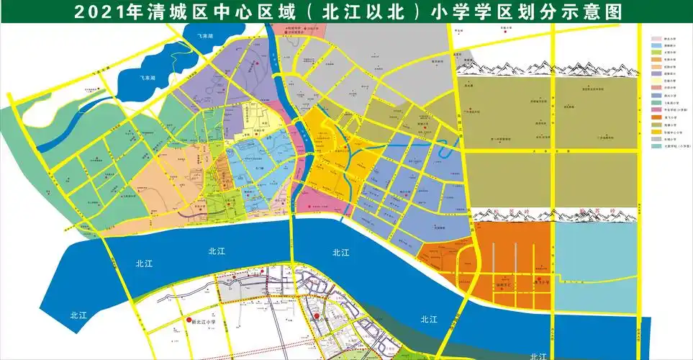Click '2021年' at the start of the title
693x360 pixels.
click(x=100, y=12)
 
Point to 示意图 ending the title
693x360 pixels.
click(x=590, y=12)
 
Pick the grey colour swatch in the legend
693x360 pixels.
click(x=656, y=138)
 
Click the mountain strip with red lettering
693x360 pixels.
click(x=554, y=215)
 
